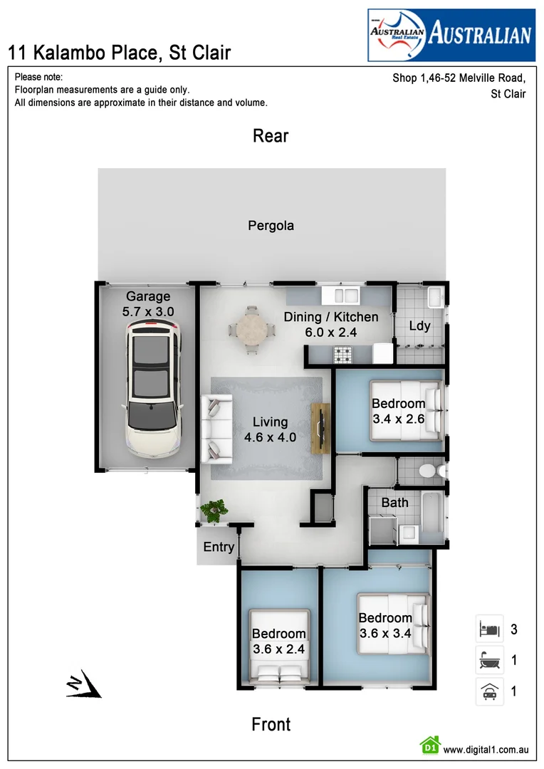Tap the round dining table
point(250,330)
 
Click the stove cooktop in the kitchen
point(345,354)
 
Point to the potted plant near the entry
point(214,511)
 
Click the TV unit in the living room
point(321,428)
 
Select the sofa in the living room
point(213,429)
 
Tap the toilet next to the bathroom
point(429,471)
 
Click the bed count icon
point(489,629)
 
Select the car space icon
point(489,691)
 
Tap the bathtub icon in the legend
point(489,661)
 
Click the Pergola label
point(271,226)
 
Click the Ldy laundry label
point(419,326)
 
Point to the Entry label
point(219,547)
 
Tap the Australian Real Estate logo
point(451,35)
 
